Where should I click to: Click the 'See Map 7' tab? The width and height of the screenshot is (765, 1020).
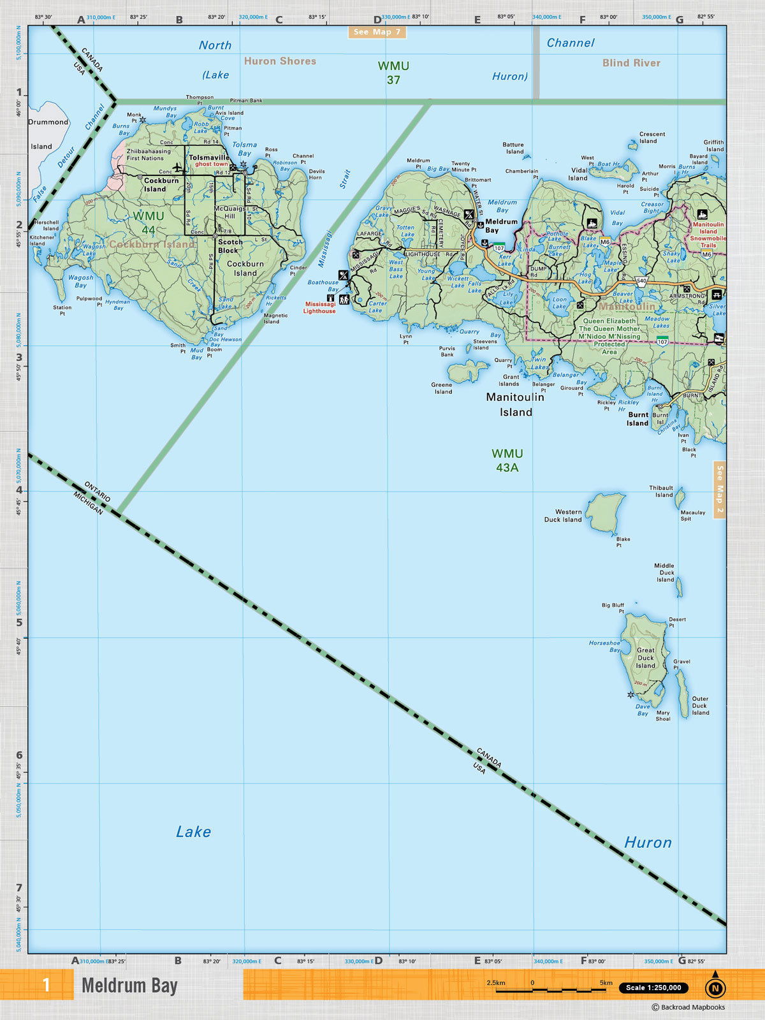click(377, 32)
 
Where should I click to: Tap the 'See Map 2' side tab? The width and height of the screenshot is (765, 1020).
click(720, 490)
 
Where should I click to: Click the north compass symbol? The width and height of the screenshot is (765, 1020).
click(715, 987)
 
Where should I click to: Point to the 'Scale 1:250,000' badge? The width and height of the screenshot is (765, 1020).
click(653, 987)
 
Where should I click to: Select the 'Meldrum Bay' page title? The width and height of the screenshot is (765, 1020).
click(129, 986)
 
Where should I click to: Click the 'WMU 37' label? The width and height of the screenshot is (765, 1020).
click(393, 73)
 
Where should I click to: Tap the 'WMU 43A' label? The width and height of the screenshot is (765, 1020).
click(507, 460)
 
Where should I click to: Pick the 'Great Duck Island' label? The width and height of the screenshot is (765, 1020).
click(646, 658)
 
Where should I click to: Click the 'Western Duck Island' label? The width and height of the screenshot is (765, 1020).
click(564, 516)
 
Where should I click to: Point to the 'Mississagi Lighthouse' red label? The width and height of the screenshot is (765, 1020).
click(319, 308)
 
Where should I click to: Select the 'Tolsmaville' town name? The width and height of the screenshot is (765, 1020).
click(209, 157)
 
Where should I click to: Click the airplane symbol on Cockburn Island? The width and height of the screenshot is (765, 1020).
click(178, 169)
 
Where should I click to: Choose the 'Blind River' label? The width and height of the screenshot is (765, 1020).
click(631, 62)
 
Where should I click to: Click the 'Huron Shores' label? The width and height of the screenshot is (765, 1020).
click(280, 61)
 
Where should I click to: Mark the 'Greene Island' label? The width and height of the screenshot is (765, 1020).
click(442, 388)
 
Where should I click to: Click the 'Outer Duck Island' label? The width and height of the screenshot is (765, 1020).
click(700, 706)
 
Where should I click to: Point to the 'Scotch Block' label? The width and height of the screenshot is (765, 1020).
click(230, 246)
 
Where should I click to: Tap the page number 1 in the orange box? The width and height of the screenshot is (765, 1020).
click(46, 985)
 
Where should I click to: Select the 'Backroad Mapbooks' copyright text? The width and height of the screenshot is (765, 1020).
click(688, 1007)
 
